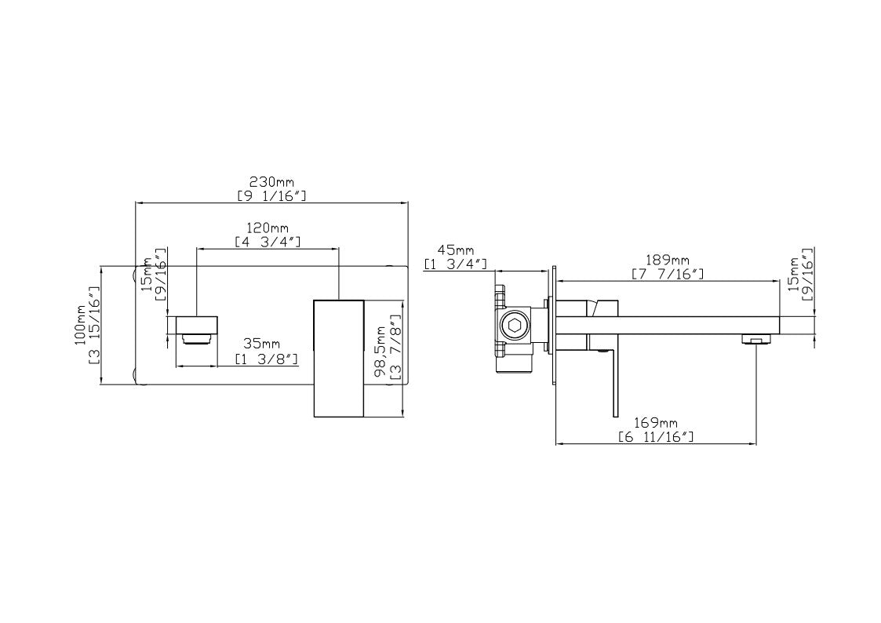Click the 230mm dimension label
271,182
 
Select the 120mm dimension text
268,228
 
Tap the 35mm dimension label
261,344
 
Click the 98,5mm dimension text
382,351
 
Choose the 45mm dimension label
456,250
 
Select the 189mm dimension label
668,260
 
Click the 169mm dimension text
656,423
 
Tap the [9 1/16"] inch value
271,196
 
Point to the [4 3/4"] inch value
268,242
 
